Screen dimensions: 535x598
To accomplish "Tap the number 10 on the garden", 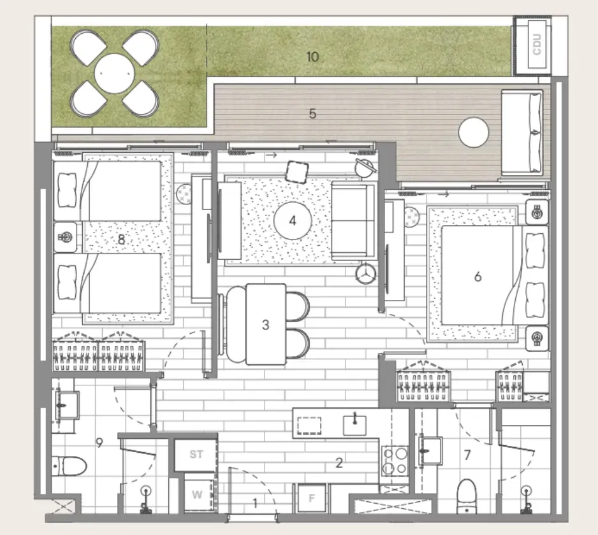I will tap(312, 57).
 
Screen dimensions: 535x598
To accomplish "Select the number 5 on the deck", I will tap(312, 114).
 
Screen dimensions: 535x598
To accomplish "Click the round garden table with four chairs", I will tap(115, 75).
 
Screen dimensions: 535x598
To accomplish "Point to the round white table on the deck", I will tap(474, 133).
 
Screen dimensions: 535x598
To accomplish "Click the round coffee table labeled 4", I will tap(293, 221).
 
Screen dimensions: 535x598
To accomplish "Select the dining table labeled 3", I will tap(265, 324).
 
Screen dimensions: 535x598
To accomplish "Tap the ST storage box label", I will tap(196, 455).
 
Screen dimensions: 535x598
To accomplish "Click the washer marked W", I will tap(197, 495).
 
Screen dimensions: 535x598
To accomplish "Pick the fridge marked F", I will tap(312, 498).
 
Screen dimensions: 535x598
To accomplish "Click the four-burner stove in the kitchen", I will tap(395, 460).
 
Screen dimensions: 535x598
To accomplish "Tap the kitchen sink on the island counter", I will tap(354, 424).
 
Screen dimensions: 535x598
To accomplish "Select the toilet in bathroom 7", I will tap(468, 494).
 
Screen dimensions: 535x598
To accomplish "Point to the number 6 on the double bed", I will tap(478, 276).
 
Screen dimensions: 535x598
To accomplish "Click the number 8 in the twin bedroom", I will tap(121, 239).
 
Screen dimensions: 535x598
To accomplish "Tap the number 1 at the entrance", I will tap(255, 503).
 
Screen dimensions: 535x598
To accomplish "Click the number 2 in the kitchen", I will tap(339, 463).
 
